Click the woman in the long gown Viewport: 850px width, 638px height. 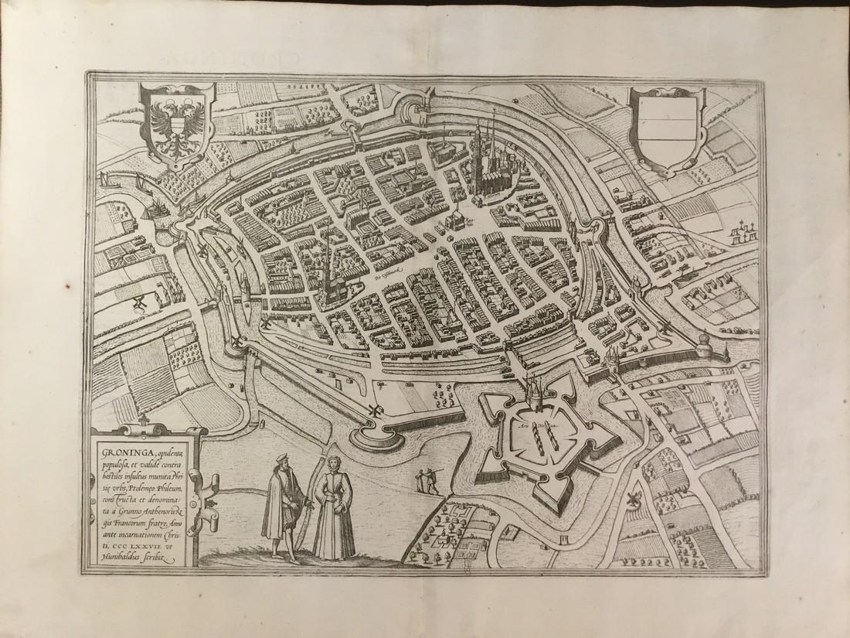pos(333,510)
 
